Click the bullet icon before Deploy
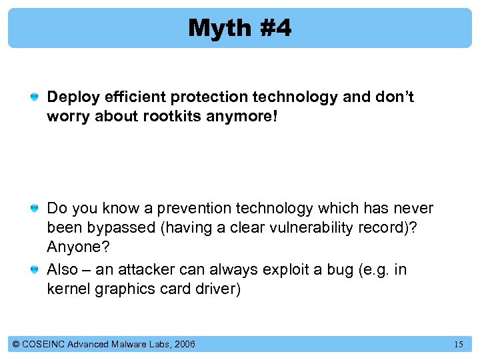[34, 97]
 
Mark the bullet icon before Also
[34, 270]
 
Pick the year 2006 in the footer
[184, 344]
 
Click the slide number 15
[459, 345]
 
